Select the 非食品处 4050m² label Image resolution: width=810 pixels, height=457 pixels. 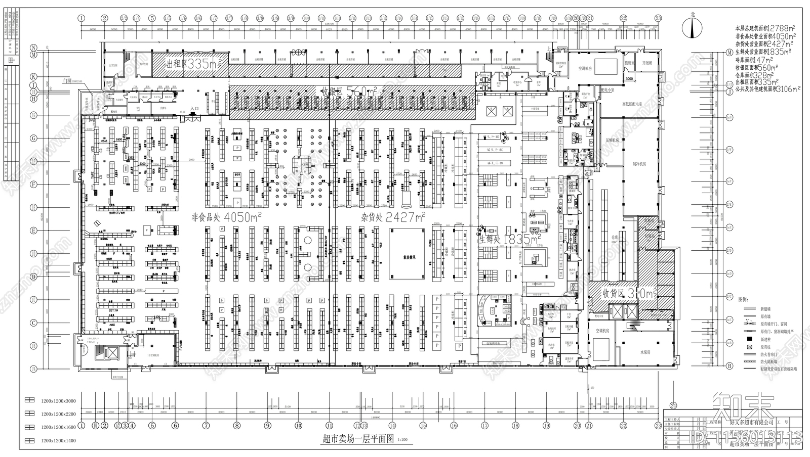226,217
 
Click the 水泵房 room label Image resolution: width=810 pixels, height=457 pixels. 644,352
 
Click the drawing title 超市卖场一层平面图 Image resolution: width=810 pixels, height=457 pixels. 357,439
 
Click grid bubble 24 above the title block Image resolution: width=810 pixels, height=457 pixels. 673,404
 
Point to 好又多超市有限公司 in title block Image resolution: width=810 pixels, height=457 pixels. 751,422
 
